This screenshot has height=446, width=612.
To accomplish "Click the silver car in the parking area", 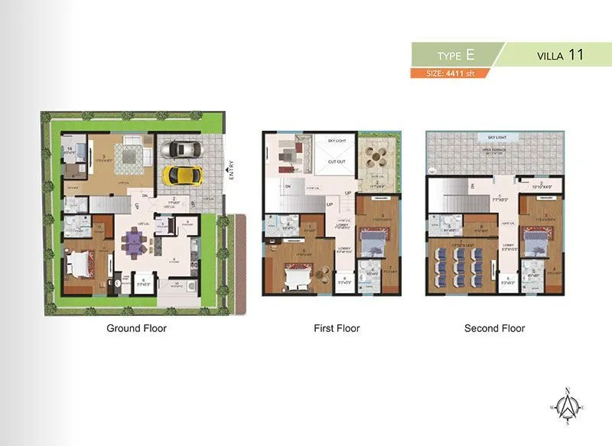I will click(x=181, y=148).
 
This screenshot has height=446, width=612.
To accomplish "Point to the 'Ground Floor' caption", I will click(x=135, y=328).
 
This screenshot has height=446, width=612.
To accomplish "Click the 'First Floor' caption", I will click(x=337, y=328).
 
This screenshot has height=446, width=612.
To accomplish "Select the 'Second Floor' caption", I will click(x=494, y=328).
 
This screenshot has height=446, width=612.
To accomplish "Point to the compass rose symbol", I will click(x=567, y=409).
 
